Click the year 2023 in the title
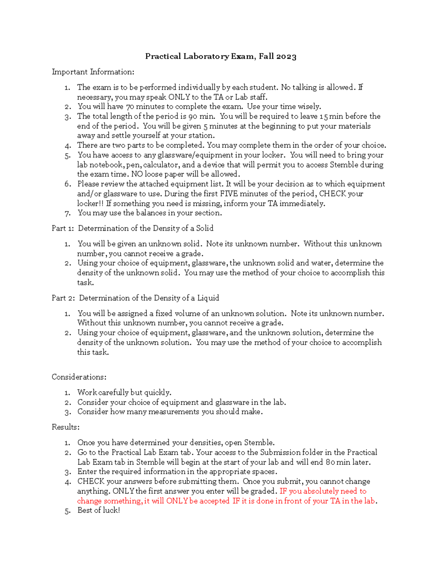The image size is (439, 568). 286,56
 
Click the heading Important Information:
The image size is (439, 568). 93,72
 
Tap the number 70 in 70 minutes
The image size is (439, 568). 130,106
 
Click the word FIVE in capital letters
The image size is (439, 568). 229,193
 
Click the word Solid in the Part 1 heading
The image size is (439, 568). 205,228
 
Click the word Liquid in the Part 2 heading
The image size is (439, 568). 208,298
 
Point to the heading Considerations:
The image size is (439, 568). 79,377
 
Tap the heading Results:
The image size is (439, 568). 65,427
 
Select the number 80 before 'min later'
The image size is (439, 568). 330,462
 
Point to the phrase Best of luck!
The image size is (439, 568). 98,510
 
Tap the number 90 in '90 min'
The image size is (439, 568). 193,116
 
